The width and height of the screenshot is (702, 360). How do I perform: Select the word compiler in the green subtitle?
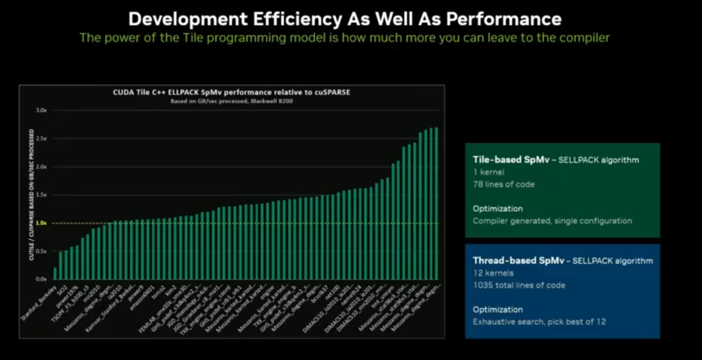tap(583, 38)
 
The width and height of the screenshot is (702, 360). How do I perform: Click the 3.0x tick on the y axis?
tap(41, 110)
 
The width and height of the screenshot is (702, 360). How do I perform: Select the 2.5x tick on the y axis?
tap(41, 139)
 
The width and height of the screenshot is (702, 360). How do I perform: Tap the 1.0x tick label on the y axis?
tap(41, 223)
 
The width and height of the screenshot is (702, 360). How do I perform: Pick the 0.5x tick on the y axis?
tap(41, 251)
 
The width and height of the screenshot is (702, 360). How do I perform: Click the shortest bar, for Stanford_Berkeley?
tap(55, 273)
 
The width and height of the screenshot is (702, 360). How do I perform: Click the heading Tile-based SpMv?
tap(511, 159)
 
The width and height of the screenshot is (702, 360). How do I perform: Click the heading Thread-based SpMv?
tap(517, 261)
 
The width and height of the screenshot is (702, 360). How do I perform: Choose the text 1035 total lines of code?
tap(519, 285)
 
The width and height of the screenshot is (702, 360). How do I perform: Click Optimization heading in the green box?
tap(497, 209)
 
